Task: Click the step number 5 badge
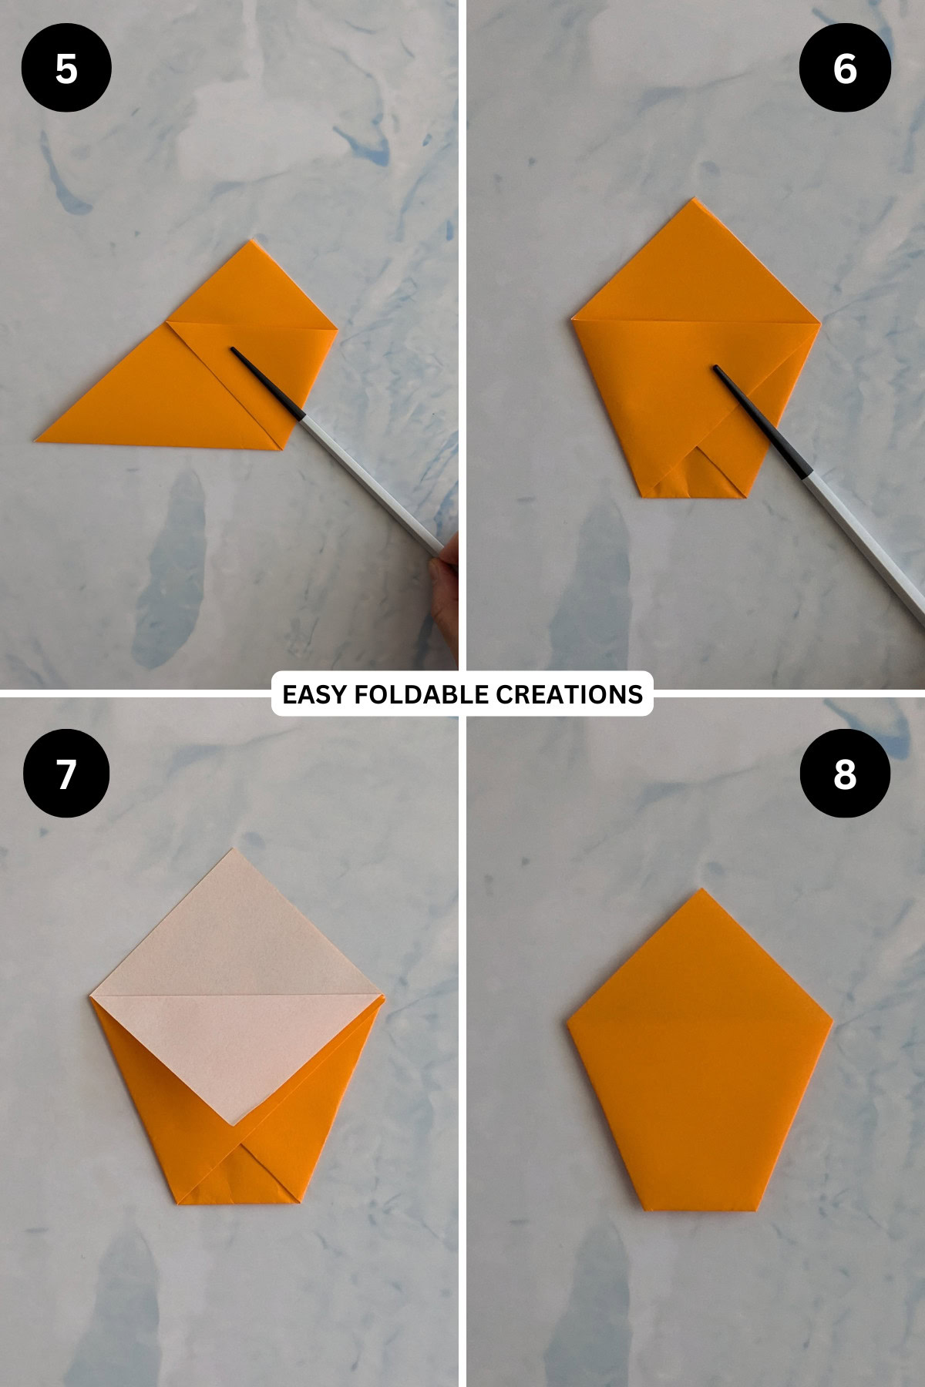point(66,68)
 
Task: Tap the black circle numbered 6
point(845,68)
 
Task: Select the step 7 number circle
point(66,773)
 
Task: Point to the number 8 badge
point(845,773)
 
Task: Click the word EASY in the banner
point(304,694)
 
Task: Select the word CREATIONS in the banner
point(569,694)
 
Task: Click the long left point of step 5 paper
point(39,440)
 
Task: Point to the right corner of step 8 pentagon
point(831,1023)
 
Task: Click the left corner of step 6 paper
point(573,319)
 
